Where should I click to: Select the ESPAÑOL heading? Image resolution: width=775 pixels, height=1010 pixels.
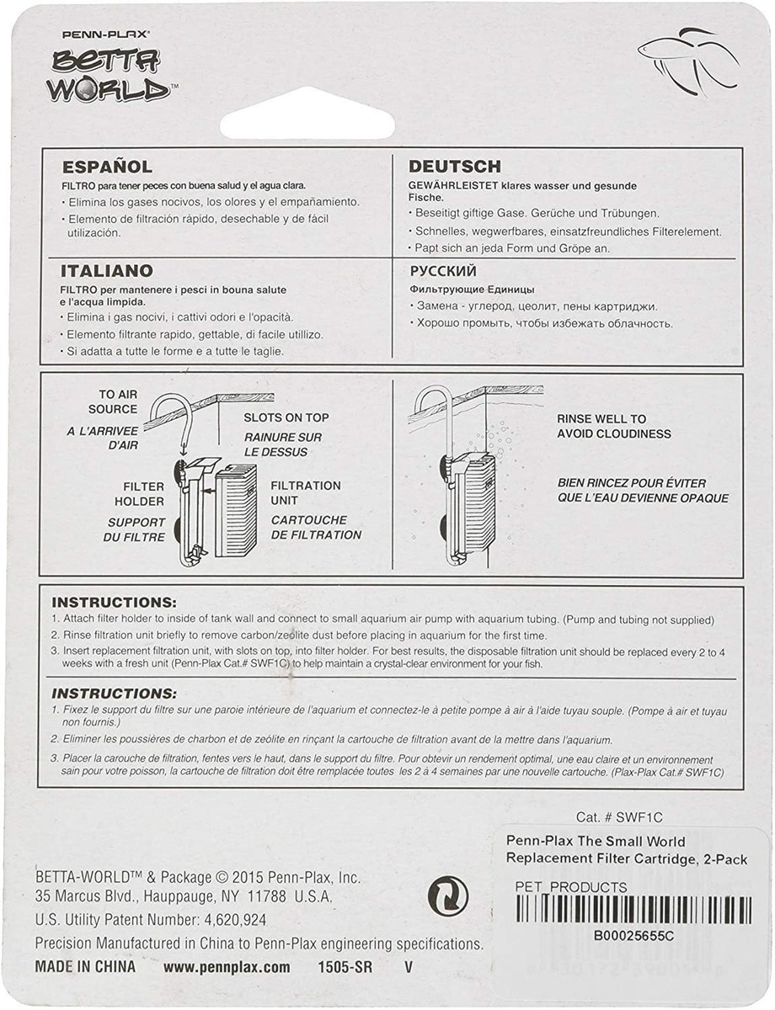[x=106, y=167]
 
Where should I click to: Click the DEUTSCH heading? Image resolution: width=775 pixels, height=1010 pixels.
[x=454, y=167]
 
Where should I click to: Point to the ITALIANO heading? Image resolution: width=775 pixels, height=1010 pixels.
[x=106, y=271]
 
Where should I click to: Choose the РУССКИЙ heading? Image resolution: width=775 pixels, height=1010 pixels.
[x=443, y=271]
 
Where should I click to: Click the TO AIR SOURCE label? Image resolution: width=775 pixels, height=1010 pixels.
[x=117, y=401]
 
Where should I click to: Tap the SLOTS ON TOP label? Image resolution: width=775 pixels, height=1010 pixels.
[x=286, y=417]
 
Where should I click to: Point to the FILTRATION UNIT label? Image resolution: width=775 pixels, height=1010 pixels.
[x=305, y=493]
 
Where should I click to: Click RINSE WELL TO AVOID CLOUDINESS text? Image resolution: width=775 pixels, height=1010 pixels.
[x=613, y=426]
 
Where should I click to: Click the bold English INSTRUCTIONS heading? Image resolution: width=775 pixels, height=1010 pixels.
[x=114, y=603]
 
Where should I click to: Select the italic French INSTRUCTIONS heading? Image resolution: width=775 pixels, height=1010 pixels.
[x=114, y=694]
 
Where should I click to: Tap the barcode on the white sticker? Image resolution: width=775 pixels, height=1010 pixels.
[x=632, y=911]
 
